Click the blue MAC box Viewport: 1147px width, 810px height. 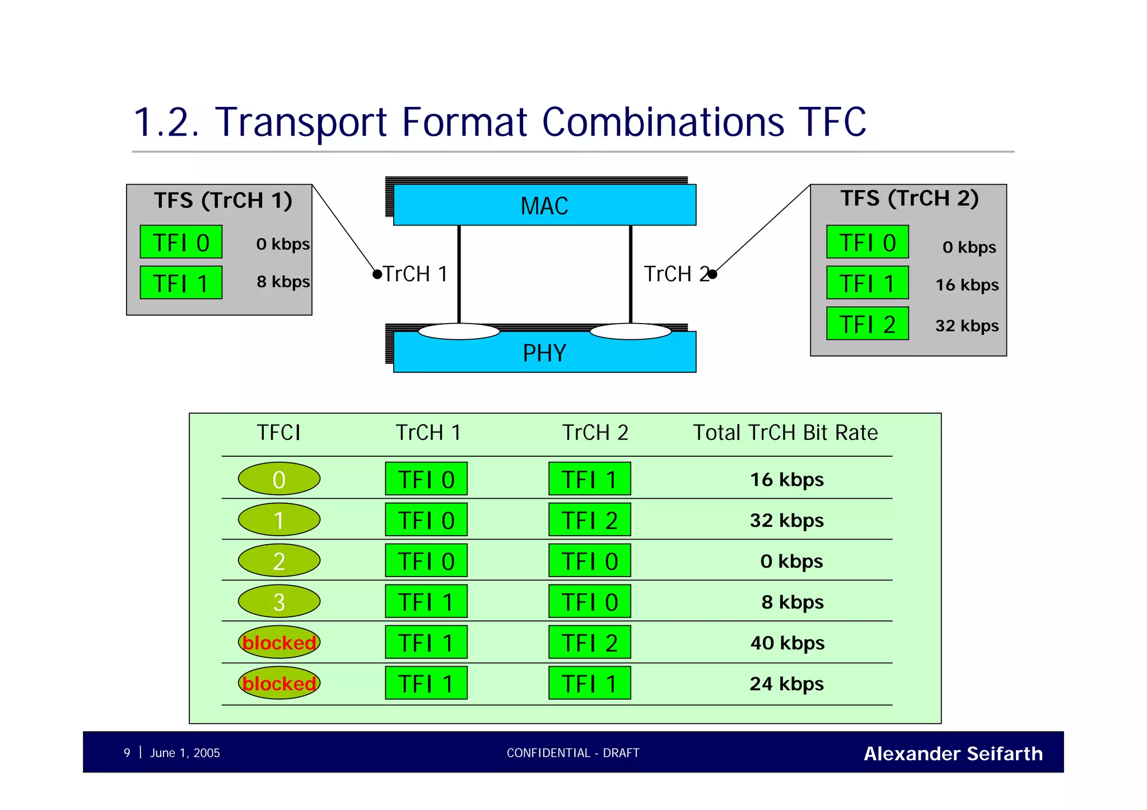[544, 205]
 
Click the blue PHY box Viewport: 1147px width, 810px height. [544, 353]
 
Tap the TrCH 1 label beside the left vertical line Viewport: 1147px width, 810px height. [415, 274]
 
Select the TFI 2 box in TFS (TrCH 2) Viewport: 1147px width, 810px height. [867, 324]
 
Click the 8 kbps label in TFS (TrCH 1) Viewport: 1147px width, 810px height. [283, 282]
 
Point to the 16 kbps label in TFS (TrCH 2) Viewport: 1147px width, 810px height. [967, 285]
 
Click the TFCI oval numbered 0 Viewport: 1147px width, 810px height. [279, 479]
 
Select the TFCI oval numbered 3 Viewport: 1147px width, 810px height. [279, 602]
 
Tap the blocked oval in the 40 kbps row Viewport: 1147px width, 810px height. [279, 643]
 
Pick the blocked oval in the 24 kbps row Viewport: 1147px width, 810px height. [279, 683]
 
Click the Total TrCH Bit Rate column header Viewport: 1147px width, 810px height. [785, 433]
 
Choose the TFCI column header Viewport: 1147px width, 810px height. [278, 433]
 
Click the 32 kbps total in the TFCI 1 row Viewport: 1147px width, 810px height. [786, 521]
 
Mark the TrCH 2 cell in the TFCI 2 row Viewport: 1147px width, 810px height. [589, 561]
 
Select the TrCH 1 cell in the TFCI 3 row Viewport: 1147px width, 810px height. [426, 602]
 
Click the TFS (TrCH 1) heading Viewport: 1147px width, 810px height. [223, 200]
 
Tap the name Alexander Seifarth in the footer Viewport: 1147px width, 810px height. [953, 753]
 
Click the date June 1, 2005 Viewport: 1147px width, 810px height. [184, 753]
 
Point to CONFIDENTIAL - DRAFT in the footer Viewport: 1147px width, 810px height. [572, 753]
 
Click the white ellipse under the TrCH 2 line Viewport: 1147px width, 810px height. [630, 332]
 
